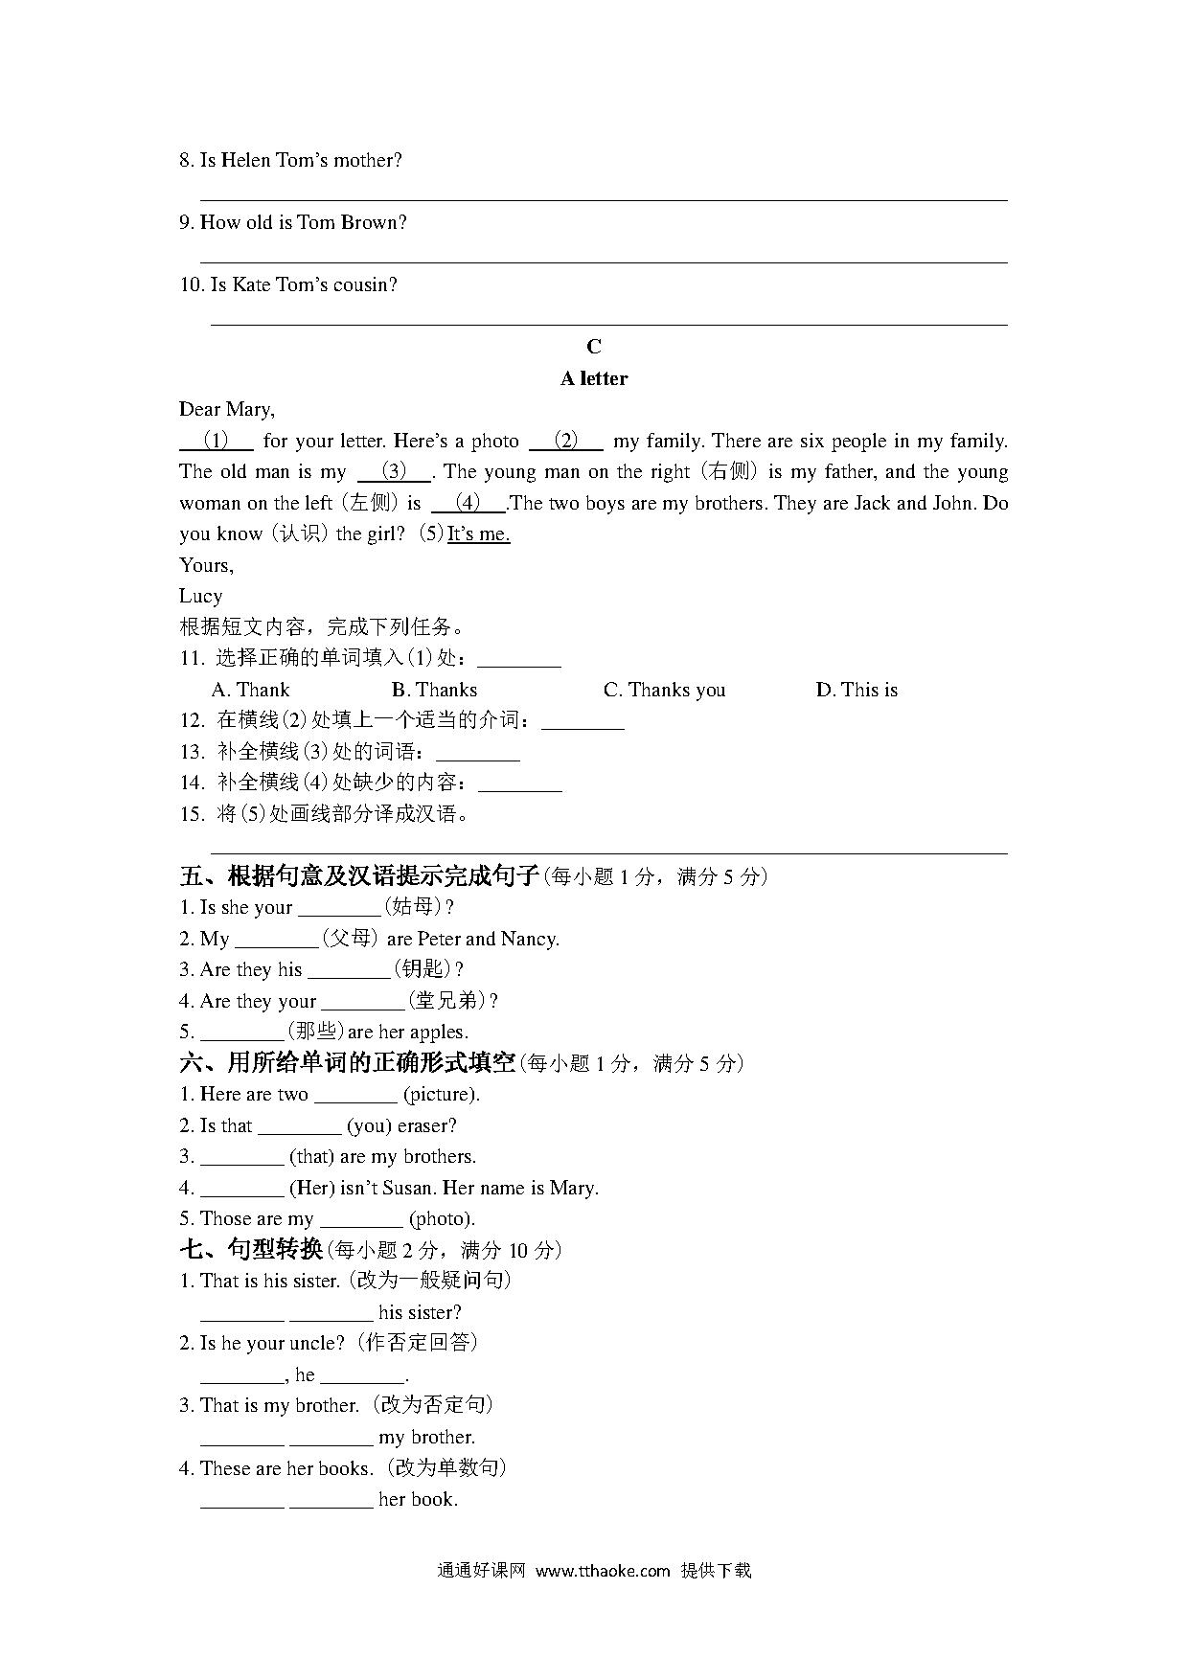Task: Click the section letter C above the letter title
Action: [594, 347]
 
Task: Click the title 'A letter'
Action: [594, 378]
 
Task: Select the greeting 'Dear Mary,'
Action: [227, 410]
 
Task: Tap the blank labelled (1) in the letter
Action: [217, 441]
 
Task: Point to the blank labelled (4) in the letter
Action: [468, 503]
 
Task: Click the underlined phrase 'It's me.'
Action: [478, 534]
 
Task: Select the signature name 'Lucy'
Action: [200, 596]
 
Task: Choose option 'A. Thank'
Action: [250, 690]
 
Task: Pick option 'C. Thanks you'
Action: [664, 690]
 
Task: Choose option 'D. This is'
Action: [857, 690]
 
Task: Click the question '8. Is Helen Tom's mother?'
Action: [290, 161]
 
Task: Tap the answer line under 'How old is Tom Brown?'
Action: [604, 261]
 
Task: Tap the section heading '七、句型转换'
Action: [251, 1250]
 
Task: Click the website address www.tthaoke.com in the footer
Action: [603, 1571]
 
